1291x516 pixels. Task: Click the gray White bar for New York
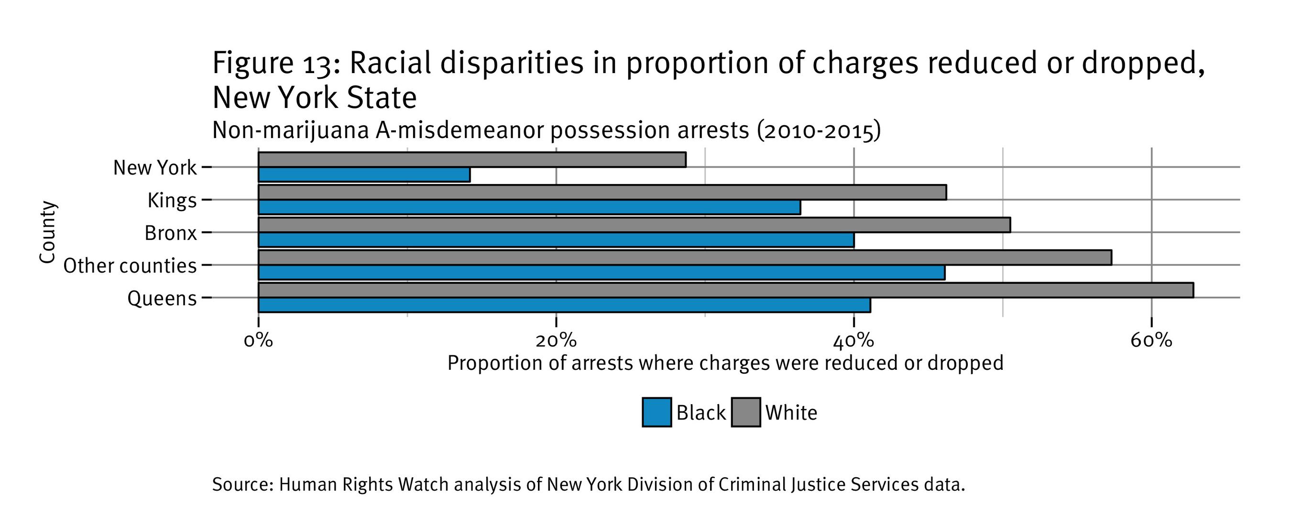471,160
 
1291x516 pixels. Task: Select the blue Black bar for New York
364,175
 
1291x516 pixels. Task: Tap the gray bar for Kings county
602,193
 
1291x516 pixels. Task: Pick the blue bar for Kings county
529,207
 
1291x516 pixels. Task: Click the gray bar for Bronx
634,225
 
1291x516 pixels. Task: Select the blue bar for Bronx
556,240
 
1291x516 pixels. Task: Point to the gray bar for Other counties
685,258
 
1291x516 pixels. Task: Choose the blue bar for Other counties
602,272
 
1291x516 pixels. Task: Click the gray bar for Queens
726,290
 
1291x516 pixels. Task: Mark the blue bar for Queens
564,305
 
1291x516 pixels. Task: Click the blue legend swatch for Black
656,413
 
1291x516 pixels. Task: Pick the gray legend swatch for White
746,413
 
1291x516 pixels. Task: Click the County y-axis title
48,232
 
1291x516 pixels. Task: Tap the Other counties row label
130,266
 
